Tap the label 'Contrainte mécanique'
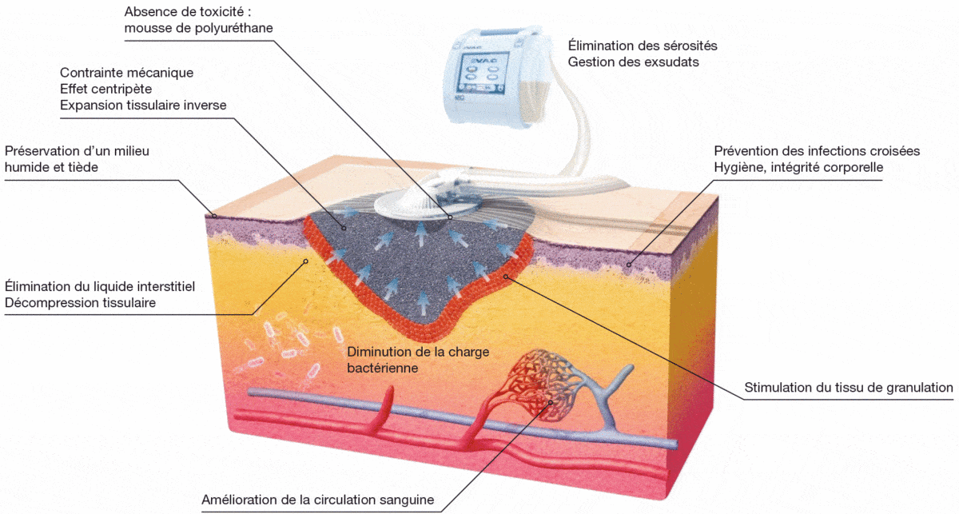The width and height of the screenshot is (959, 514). tap(126, 72)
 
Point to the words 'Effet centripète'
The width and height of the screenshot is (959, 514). tap(105, 89)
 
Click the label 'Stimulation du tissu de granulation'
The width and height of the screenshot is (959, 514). tap(849, 388)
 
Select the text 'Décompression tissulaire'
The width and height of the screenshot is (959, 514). tap(80, 303)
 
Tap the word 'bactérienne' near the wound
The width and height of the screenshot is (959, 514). tap(382, 369)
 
